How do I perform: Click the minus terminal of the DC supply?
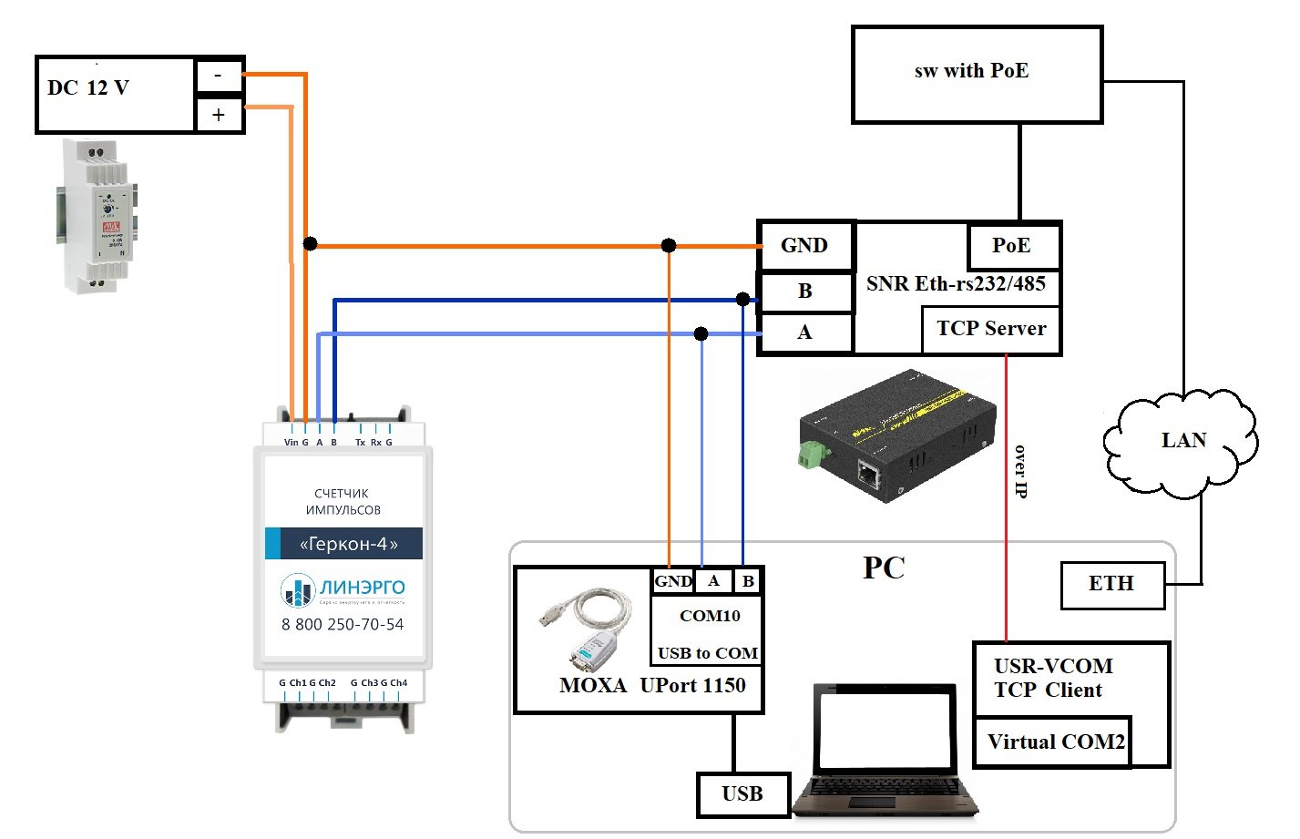tap(219, 76)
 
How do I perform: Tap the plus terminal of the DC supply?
tap(219, 115)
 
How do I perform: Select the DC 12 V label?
tap(88, 88)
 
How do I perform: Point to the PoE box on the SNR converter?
tap(1012, 246)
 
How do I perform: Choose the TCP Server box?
tap(991, 329)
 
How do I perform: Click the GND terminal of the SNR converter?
tap(804, 246)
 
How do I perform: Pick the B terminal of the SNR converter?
tap(804, 292)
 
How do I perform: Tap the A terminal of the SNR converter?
tap(804, 333)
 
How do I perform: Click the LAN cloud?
tap(1182, 442)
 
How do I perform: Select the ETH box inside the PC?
tap(1111, 584)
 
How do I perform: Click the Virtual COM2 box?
tap(1053, 742)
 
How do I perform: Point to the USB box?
tap(742, 794)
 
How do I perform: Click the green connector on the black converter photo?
tap(809, 454)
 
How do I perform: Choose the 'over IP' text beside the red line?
tap(1020, 471)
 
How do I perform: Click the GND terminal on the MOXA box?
tap(672, 581)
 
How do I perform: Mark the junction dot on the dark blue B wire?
tap(743, 299)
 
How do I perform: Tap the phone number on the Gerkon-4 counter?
tap(343, 625)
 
